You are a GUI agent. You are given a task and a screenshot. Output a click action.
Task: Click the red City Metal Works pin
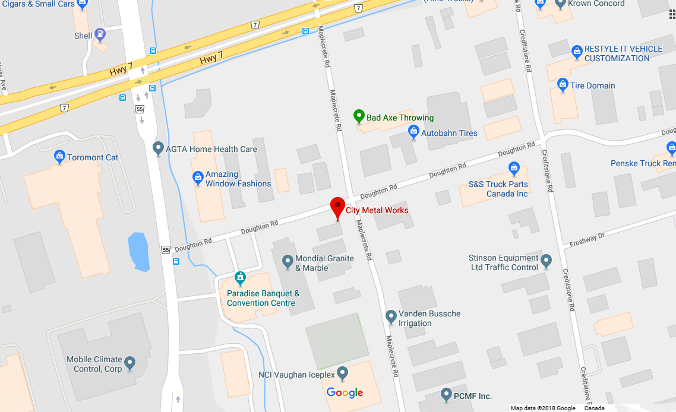coord(337,208)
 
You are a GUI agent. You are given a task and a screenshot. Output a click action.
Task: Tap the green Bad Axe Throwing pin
coord(358,116)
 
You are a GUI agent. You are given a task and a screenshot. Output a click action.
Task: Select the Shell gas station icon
coord(100,34)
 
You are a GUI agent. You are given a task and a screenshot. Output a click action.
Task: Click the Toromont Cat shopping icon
coord(59,157)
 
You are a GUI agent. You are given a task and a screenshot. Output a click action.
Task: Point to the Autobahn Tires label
coord(449,133)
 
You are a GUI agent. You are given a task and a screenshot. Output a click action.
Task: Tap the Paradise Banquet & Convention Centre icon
coord(240,277)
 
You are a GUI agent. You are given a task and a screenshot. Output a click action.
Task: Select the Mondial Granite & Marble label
coord(324,263)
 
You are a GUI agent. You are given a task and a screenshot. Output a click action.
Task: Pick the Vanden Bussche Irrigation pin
coord(391,316)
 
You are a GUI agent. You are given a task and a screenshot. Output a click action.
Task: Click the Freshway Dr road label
coord(586,240)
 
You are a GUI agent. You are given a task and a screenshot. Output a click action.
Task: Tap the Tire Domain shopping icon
coord(563,85)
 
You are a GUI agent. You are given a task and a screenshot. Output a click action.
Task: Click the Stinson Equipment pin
coord(547,261)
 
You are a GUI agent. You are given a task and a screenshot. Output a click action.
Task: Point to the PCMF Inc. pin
coord(447,394)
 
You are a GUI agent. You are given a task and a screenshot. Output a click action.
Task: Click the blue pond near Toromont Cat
coord(138,252)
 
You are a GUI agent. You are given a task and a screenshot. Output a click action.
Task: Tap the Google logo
coord(345,393)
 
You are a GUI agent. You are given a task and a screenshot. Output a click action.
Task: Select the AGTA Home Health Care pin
coord(158,148)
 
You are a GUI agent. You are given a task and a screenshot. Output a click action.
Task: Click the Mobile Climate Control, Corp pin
coord(129,362)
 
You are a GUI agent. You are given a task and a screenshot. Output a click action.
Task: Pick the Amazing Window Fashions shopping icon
coord(198,177)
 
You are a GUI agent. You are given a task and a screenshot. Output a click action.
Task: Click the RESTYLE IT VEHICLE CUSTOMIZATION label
coord(623,53)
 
